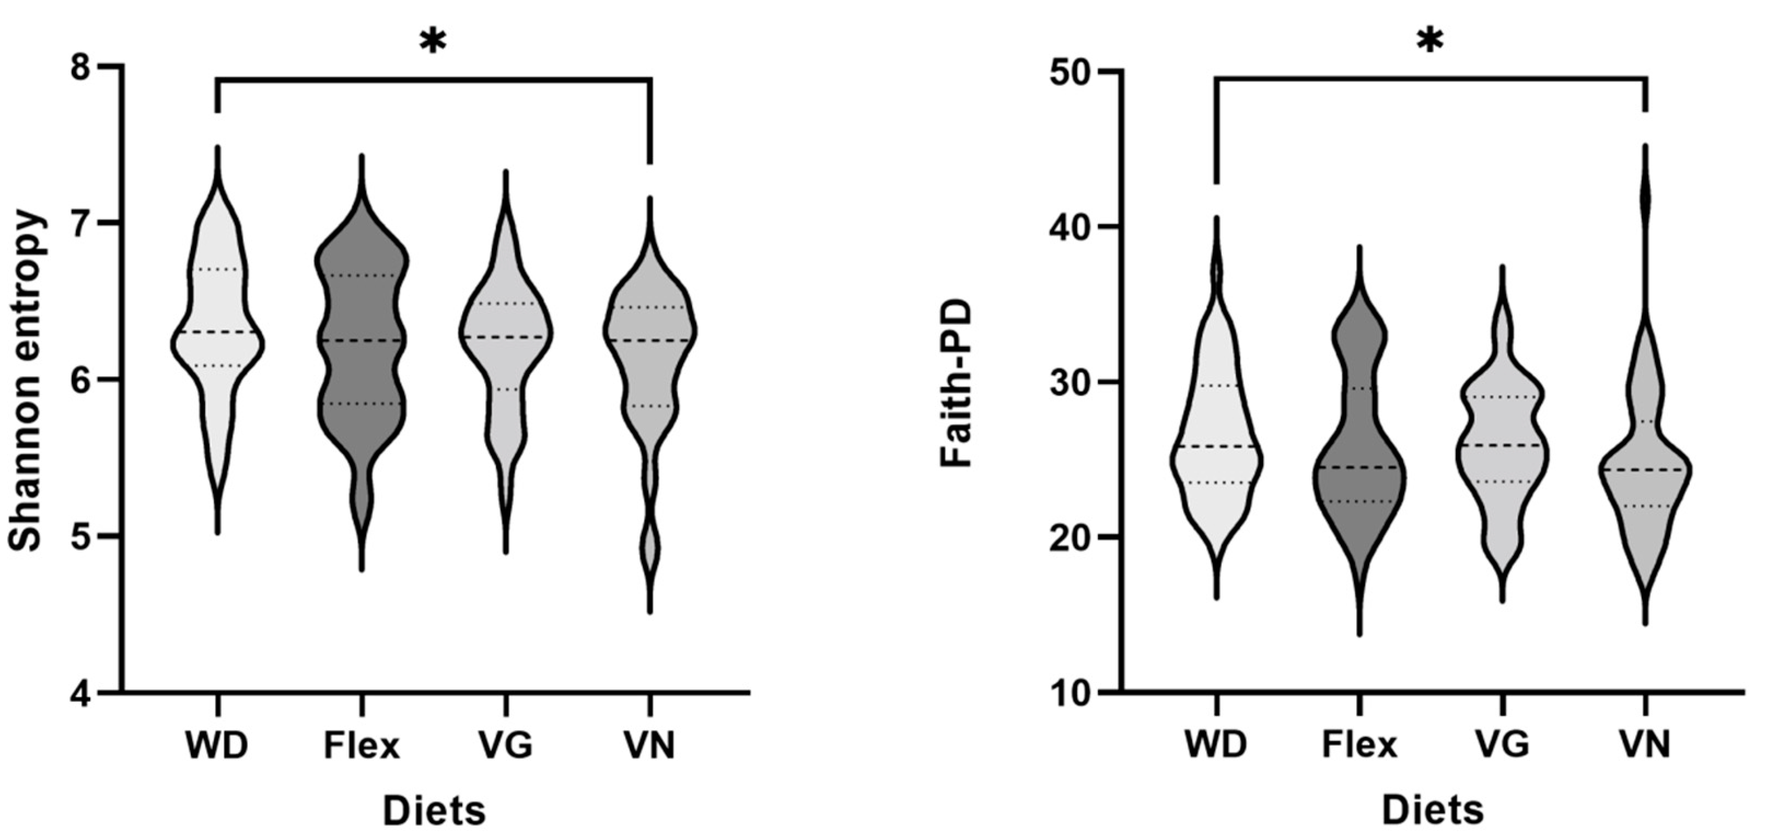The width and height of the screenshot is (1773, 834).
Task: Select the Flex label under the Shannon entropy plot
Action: [362, 746]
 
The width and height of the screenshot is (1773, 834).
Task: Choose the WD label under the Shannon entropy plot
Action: [216, 746]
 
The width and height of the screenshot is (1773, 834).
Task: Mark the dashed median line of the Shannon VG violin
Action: [506, 336]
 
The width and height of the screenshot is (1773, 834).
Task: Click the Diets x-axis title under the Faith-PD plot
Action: [1432, 810]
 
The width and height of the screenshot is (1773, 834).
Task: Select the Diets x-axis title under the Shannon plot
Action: [434, 810]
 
